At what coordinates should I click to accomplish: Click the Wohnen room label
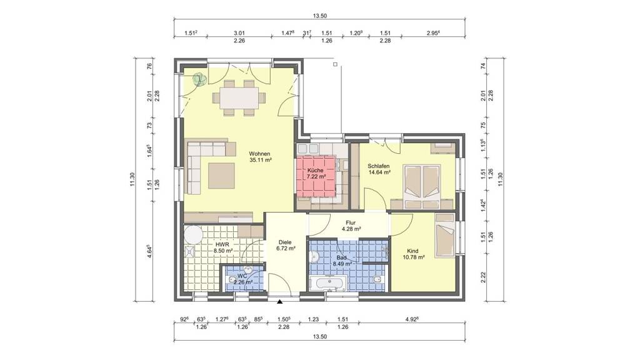(x=259, y=154)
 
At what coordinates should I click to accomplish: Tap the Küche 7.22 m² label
(x=316, y=174)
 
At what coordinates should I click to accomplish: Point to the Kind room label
(x=412, y=251)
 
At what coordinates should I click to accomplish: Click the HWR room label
(x=223, y=244)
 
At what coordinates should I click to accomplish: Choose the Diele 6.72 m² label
(x=286, y=244)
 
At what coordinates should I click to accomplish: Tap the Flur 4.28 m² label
(x=351, y=226)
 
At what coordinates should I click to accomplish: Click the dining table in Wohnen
(x=239, y=98)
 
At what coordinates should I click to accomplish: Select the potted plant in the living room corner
(x=199, y=79)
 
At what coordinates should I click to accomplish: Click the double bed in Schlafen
(x=422, y=184)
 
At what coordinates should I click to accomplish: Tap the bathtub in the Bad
(x=327, y=282)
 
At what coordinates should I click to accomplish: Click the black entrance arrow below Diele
(x=279, y=302)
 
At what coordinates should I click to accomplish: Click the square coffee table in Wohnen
(x=222, y=176)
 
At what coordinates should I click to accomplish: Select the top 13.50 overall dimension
(x=320, y=16)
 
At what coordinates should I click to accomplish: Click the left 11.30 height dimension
(x=132, y=180)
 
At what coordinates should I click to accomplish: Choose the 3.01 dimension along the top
(x=239, y=33)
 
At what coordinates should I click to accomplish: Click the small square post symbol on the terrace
(x=335, y=64)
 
